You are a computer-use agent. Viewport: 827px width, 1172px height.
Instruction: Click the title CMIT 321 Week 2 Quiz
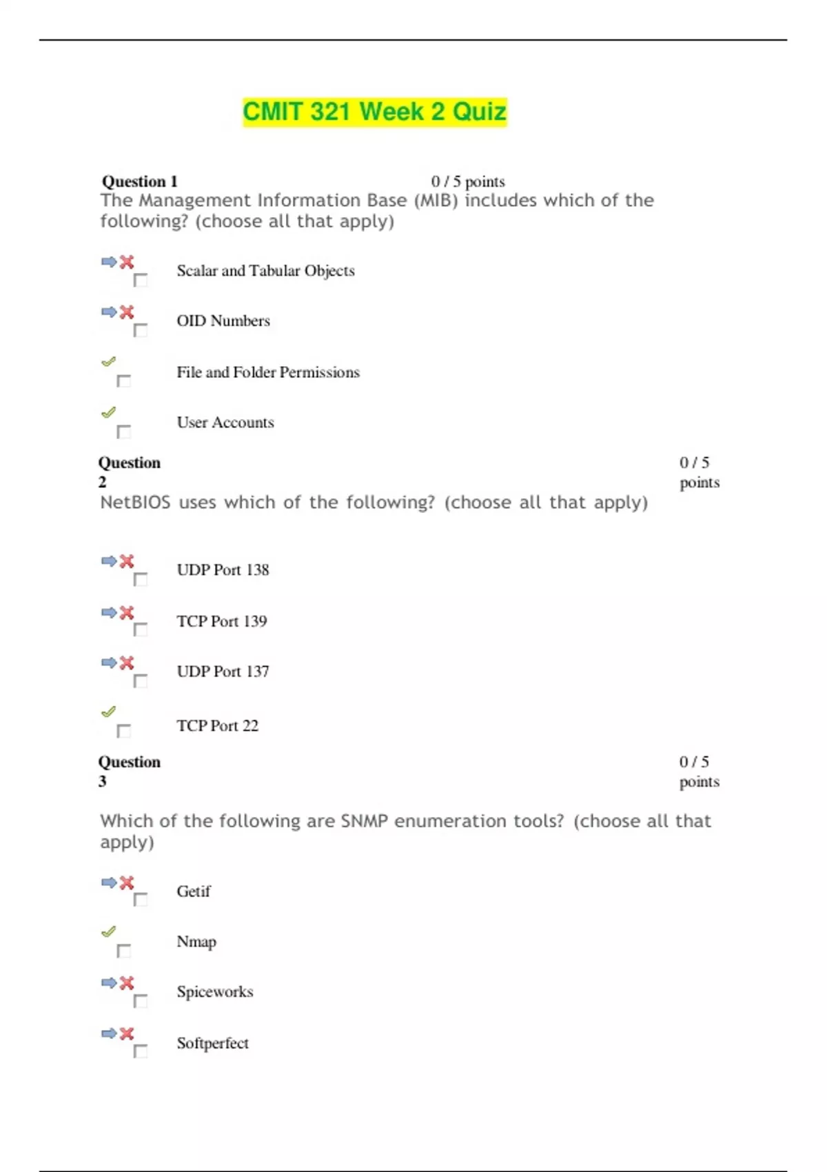[374, 112]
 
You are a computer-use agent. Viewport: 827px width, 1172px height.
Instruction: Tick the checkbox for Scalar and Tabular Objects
[141, 280]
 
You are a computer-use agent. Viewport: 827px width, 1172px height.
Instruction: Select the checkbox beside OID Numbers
[141, 330]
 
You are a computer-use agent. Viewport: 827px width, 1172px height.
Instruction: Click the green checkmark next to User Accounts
[108, 412]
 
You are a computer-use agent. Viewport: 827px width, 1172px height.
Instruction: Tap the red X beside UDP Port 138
[127, 561]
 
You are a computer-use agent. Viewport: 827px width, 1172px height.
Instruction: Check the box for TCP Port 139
[141, 629]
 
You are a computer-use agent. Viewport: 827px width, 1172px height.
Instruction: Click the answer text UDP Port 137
[223, 671]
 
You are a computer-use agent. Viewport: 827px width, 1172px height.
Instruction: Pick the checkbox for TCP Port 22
[124, 731]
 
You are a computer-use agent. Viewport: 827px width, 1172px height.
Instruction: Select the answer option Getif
[193, 891]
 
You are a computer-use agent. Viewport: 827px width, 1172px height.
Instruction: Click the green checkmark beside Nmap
[108, 931]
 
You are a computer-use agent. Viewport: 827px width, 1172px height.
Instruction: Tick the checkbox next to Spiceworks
[141, 1000]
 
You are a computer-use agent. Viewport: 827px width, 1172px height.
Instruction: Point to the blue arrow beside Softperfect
[109, 1033]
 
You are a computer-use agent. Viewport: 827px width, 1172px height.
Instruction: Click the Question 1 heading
[140, 181]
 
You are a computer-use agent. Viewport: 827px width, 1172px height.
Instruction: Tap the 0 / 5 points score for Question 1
[468, 181]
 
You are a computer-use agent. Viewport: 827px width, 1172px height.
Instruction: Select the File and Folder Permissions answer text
[268, 372]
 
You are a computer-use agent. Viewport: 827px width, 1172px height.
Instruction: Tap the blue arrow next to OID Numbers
[109, 312]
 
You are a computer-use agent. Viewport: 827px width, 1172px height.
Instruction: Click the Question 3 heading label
[129, 771]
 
